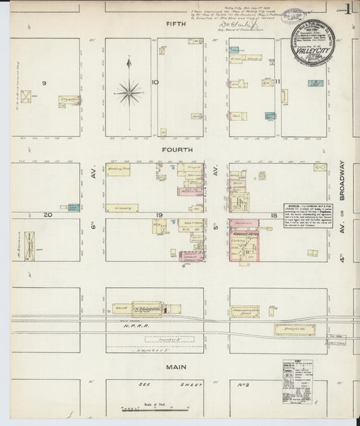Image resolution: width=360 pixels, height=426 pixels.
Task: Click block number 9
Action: (x=45, y=83)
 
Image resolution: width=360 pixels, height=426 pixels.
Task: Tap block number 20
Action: (x=48, y=215)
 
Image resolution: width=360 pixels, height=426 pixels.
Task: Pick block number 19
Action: (x=161, y=215)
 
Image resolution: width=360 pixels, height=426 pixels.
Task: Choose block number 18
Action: (x=274, y=215)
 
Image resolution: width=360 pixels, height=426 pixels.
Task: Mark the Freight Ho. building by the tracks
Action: (x=294, y=329)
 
